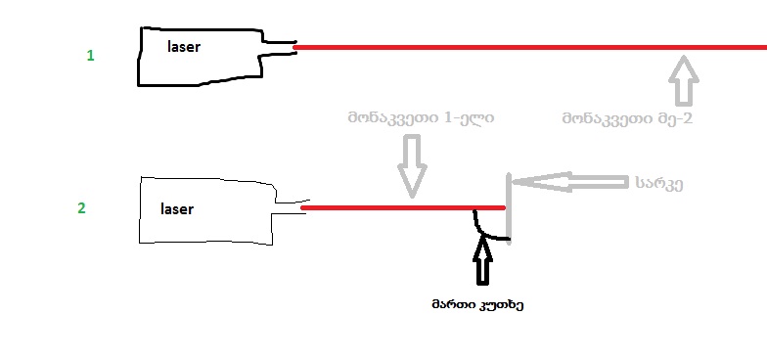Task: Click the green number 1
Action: click(91, 56)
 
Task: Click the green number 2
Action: click(81, 208)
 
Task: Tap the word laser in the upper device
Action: click(184, 46)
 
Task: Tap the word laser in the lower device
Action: click(177, 208)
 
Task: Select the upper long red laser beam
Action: click(528, 46)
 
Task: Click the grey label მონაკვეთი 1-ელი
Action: click(421, 118)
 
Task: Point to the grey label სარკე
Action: click(657, 182)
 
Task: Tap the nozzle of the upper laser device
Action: click(278, 46)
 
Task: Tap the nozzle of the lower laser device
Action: click(289, 206)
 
